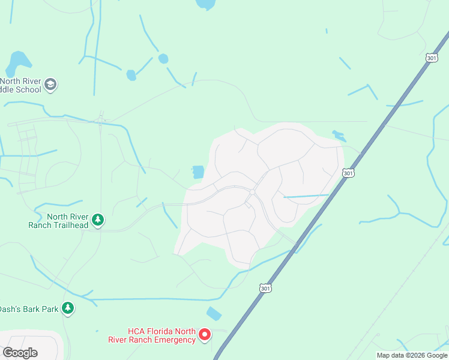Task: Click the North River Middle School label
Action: point(22,86)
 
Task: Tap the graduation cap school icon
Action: point(51,85)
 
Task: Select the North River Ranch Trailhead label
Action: point(59,221)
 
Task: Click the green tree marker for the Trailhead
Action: point(98,220)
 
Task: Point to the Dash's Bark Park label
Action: point(29,309)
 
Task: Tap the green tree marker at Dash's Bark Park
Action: point(68,308)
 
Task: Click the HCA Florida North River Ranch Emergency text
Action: point(161,335)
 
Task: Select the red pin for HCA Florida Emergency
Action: point(205,334)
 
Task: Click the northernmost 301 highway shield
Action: point(431,58)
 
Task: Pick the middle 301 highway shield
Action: point(348,173)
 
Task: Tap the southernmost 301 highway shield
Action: point(265,289)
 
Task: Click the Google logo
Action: point(20,352)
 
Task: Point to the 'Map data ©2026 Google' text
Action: point(411,355)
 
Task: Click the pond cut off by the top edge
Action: point(205,4)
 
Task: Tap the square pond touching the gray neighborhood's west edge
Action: point(197,172)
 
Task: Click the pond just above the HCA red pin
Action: point(214,314)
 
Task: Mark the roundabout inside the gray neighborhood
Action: point(253,192)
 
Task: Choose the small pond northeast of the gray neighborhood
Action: point(339,136)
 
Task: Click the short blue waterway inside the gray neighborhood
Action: point(306,196)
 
